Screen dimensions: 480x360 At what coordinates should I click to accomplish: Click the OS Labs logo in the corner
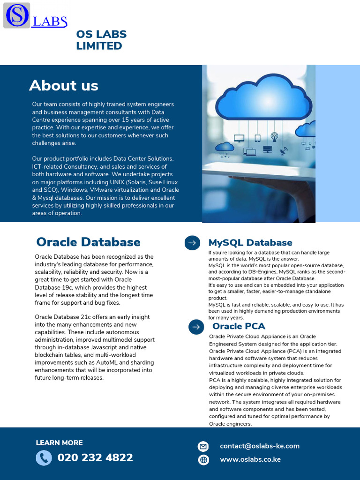35,15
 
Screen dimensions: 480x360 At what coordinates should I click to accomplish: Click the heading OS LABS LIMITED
101,40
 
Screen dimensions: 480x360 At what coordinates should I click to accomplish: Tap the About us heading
64,85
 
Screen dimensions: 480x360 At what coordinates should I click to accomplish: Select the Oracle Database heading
88,242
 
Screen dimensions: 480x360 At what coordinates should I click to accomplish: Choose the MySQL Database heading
250,242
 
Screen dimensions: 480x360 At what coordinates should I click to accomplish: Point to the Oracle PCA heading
239,326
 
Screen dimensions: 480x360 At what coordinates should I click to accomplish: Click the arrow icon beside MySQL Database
192,243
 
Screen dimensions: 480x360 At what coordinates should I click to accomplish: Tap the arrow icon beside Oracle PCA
196,327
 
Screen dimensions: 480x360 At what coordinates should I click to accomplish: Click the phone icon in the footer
44,458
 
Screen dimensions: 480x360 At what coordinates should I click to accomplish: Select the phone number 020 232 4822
95,457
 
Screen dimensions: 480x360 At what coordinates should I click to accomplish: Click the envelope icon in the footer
203,446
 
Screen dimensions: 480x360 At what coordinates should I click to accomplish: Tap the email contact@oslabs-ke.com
260,446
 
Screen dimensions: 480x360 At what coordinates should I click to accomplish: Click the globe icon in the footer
203,460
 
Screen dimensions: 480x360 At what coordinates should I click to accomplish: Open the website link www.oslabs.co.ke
250,459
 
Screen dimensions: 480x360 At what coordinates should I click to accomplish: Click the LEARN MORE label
59,443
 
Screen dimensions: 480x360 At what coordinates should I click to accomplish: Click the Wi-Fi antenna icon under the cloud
274,137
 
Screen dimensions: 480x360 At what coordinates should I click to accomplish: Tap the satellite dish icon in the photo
284,151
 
